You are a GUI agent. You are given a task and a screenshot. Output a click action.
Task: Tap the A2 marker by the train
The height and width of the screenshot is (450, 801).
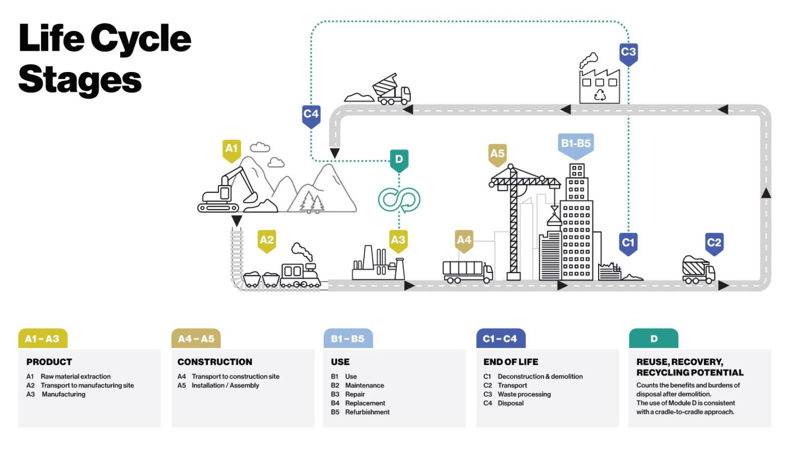(267, 241)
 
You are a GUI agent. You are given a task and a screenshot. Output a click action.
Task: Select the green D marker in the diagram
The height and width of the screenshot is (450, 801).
(399, 161)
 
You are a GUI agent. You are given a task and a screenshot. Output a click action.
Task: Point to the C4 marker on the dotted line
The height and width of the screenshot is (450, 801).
(311, 116)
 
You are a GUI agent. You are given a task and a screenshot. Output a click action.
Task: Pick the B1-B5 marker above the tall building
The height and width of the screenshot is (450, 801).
(576, 146)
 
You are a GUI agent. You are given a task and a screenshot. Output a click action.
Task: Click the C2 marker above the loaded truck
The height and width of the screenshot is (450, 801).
(714, 244)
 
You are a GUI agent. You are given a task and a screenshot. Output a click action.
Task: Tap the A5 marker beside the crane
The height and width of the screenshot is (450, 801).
(497, 155)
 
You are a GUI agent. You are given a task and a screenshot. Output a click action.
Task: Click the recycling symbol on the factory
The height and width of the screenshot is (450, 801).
(600, 95)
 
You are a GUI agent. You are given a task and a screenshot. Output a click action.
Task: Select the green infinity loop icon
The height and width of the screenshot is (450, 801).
(399, 199)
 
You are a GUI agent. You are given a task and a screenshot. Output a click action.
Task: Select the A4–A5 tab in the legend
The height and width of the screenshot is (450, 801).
(196, 338)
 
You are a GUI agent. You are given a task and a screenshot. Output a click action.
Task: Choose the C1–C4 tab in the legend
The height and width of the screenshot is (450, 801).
(501, 338)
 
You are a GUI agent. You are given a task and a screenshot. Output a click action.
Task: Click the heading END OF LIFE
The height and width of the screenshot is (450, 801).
(511, 362)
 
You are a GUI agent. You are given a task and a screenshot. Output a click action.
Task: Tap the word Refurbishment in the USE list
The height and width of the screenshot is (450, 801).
(367, 412)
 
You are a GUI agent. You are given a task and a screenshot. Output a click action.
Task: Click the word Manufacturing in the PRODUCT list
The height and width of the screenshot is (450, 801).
(64, 395)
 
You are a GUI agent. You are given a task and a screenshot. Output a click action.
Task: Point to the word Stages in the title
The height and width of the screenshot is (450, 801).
(80, 80)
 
